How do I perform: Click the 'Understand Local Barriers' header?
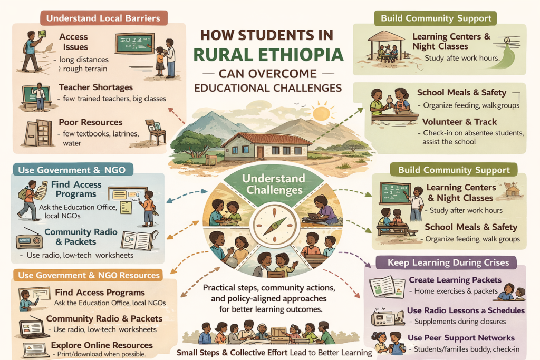[103, 18]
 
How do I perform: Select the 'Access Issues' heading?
[73, 42]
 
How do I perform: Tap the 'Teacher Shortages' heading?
[95, 87]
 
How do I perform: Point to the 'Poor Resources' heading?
[90, 122]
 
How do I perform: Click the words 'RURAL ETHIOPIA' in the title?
[268, 54]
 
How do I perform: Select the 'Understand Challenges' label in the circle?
[273, 184]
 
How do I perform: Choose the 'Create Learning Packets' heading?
[455, 280]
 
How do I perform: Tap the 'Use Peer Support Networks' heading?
[461, 337]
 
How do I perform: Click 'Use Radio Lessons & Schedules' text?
[466, 310]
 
